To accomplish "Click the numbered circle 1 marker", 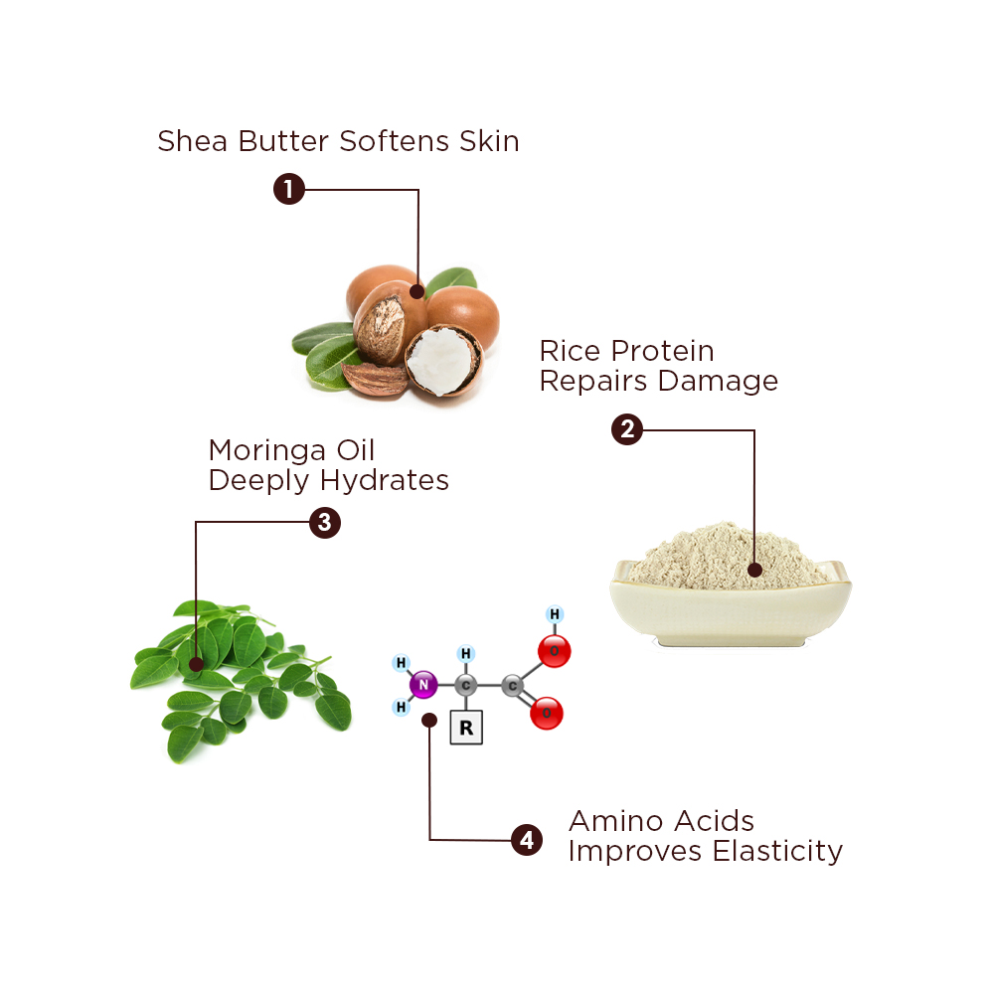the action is pyautogui.click(x=289, y=189).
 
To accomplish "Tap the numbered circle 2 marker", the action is pyautogui.click(x=627, y=429).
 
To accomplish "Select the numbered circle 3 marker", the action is pyautogui.click(x=325, y=523).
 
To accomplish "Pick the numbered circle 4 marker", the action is pyautogui.click(x=527, y=840).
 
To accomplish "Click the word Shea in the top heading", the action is pyautogui.click(x=192, y=141).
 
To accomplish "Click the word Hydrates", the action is pyautogui.click(x=384, y=481).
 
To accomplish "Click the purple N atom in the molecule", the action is pyautogui.click(x=423, y=685).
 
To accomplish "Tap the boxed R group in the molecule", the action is pyautogui.click(x=466, y=728).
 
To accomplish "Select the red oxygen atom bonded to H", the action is pyautogui.click(x=554, y=651).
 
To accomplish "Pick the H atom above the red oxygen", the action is pyautogui.click(x=555, y=613).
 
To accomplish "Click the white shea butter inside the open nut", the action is pyautogui.click(x=442, y=359).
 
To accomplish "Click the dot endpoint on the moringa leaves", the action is pyautogui.click(x=197, y=664).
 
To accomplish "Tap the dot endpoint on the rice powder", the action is pyautogui.click(x=754, y=570).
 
